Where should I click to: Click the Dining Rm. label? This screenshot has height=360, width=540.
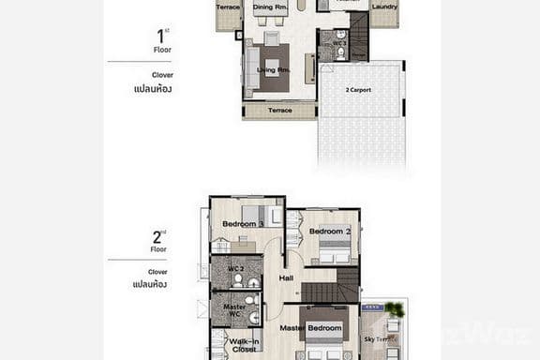(270, 7)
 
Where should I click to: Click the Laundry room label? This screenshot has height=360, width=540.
(383, 7)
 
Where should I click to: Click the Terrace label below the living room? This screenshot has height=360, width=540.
(279, 111)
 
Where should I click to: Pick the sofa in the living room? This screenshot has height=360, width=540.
(252, 68)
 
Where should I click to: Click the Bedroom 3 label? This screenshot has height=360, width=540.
(243, 224)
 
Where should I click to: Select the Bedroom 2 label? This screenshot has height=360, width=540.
(330, 231)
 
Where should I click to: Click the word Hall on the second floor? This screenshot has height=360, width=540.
(286, 277)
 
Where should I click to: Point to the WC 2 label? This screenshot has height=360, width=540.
(235, 269)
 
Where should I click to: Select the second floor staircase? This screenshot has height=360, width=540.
(330, 286)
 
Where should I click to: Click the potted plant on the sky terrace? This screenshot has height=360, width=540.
(396, 309)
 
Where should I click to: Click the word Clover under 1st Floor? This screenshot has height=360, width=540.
(162, 75)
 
